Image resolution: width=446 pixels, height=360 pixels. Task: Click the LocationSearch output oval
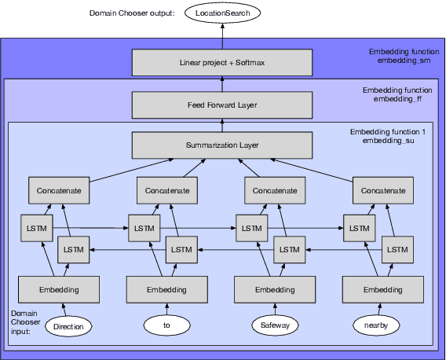coord(223,13)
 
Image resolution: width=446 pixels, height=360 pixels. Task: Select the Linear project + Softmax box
coord(223,61)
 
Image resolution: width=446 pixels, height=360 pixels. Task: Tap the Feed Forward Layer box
coord(223,104)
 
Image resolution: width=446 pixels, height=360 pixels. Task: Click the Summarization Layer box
coord(223,145)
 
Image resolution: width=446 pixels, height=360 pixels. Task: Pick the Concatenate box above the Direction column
coord(59,190)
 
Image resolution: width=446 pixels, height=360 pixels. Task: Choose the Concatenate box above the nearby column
coord(382,190)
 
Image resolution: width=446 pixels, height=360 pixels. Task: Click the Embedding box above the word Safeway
coord(274,290)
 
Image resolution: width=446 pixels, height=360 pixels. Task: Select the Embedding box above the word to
coord(166,290)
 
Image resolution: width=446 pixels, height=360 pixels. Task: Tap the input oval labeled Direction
coord(69,324)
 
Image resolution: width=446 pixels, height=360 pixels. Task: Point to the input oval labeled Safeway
coord(275,324)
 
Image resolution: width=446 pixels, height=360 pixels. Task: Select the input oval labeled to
coord(166,324)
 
